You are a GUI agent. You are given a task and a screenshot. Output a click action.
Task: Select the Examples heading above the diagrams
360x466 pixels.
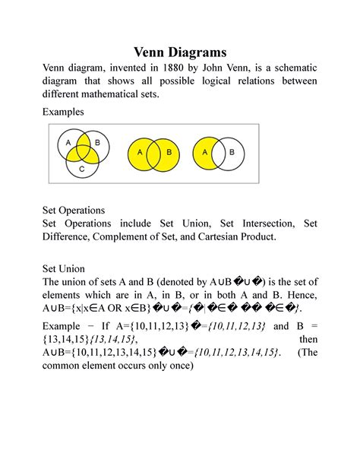pyautogui.click(x=63, y=112)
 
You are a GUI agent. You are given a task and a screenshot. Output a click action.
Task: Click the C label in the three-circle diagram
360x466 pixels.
pyautogui.click(x=81, y=169)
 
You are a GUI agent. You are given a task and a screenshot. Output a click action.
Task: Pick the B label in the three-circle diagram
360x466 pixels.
pyautogui.click(x=97, y=142)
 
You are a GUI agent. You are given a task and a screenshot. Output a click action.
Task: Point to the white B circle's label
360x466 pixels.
pyautogui.click(x=232, y=152)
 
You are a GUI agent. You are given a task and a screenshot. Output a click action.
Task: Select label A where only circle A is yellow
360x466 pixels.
pyautogui.click(x=204, y=152)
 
